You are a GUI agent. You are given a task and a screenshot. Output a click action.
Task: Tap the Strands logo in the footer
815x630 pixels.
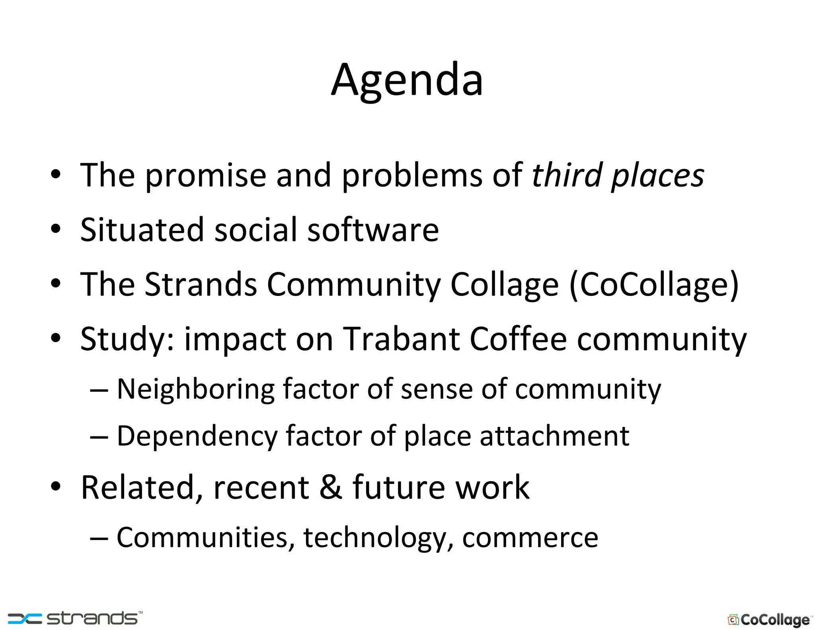point(75,618)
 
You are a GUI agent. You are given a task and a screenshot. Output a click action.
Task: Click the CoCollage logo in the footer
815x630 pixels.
point(769,620)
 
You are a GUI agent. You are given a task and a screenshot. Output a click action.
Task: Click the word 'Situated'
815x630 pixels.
point(142,230)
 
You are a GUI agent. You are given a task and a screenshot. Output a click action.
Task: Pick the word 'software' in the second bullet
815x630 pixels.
point(373,230)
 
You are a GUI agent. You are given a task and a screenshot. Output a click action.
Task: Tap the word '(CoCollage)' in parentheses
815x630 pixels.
point(654,285)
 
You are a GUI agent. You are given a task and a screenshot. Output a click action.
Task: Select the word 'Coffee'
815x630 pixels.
point(518,339)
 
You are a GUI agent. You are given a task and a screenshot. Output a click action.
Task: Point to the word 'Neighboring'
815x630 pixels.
point(195,389)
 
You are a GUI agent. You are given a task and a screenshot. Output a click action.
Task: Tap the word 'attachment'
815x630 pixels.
point(554,436)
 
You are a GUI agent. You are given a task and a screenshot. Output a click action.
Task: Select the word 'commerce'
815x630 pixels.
point(530,538)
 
